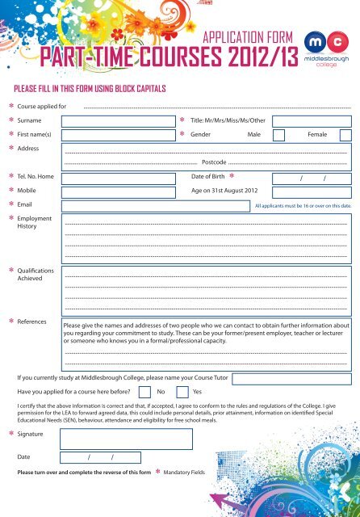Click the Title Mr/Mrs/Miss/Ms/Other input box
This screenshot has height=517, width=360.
click(312, 120)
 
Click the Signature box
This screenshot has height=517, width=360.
click(128, 438)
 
